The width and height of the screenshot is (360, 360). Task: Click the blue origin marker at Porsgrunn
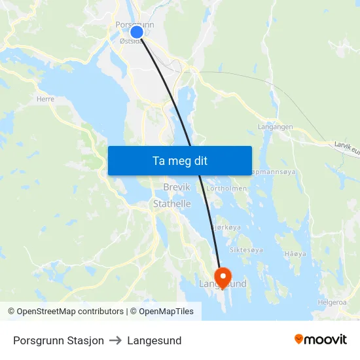137,31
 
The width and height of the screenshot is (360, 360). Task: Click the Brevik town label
176,187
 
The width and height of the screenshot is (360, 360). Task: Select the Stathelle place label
171,204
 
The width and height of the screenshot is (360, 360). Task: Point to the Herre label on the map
46,99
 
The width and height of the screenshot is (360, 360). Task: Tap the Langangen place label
275,127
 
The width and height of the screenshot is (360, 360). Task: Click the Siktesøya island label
246,250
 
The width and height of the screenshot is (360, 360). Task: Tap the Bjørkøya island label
226,226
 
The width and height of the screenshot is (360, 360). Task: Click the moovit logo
320,340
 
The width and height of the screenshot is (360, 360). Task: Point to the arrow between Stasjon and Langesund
115,340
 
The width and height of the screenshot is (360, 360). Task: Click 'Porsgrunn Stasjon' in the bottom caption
58,340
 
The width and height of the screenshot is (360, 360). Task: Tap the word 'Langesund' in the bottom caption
154,340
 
